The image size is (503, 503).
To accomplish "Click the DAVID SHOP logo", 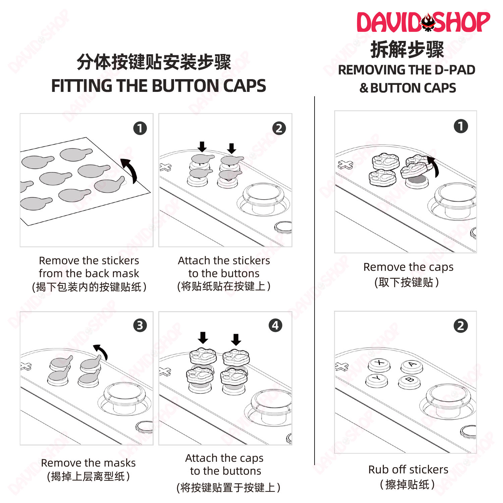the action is (423, 22).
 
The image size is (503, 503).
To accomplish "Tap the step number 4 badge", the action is (275, 325).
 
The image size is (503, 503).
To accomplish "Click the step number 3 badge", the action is (140, 325).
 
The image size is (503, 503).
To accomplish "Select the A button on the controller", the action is (412, 365).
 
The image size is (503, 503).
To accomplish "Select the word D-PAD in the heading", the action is (455, 70).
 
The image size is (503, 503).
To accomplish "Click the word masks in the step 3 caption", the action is (119, 463).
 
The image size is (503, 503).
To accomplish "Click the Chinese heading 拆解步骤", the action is (407, 50).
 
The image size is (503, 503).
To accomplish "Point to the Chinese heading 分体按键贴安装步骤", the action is (154, 62).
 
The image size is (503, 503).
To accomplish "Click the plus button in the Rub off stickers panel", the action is (342, 367).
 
